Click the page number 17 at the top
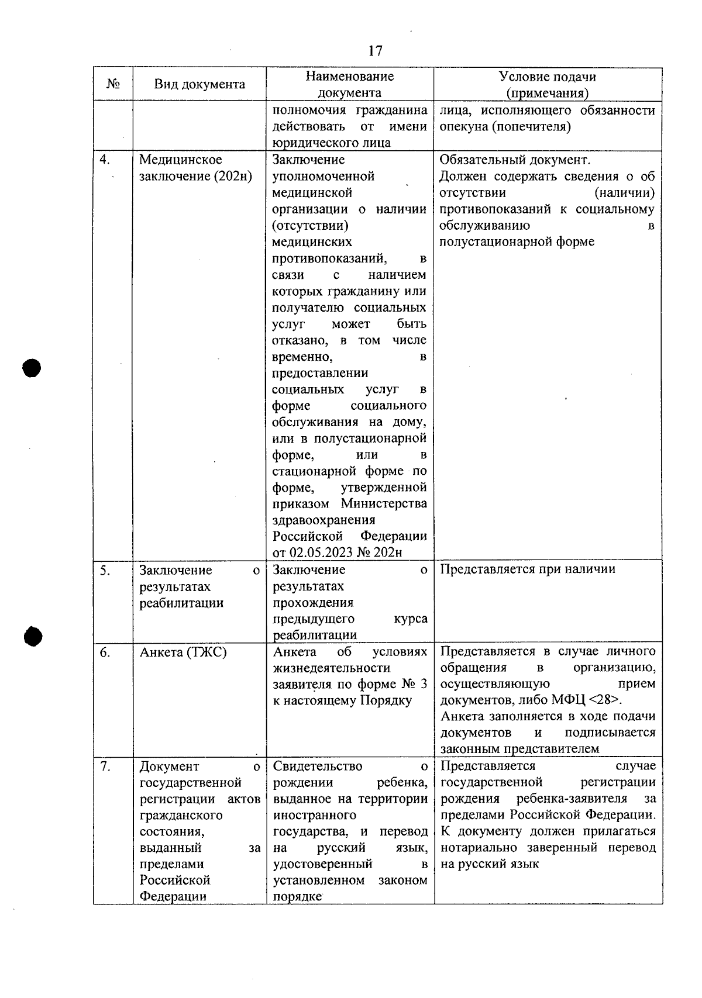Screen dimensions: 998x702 (x=376, y=51)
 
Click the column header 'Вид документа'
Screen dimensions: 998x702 (x=199, y=84)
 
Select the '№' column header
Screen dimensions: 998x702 (x=113, y=84)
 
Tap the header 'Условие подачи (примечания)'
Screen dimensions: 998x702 (x=548, y=85)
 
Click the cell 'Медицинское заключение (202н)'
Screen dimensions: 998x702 (x=195, y=168)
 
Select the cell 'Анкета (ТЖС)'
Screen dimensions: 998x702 (x=183, y=652)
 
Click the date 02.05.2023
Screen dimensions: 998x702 (x=321, y=553)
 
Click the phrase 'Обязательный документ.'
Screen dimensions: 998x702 (x=515, y=160)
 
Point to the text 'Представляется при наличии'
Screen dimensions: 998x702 (x=527, y=569)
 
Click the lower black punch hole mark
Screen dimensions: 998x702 (x=33, y=636)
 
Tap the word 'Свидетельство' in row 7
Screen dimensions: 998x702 (x=318, y=766)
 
